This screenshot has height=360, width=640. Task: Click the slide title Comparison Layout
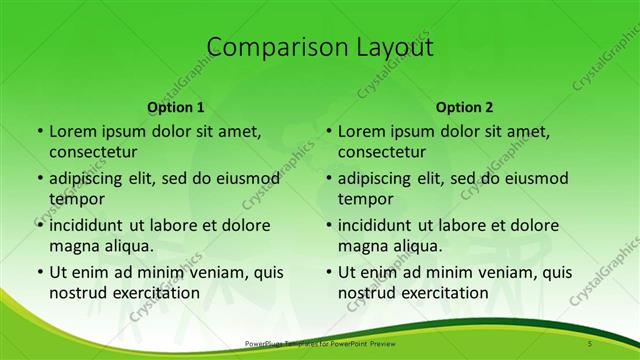click(x=319, y=47)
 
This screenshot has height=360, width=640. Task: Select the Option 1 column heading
click(x=176, y=107)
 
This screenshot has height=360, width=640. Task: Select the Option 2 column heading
click(x=464, y=107)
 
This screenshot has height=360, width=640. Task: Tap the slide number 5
click(x=591, y=344)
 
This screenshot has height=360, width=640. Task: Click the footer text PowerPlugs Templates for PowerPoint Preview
click(x=319, y=344)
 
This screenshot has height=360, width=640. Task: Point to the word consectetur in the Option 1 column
click(x=93, y=152)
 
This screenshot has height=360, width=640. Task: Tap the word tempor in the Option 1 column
click(x=73, y=198)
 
